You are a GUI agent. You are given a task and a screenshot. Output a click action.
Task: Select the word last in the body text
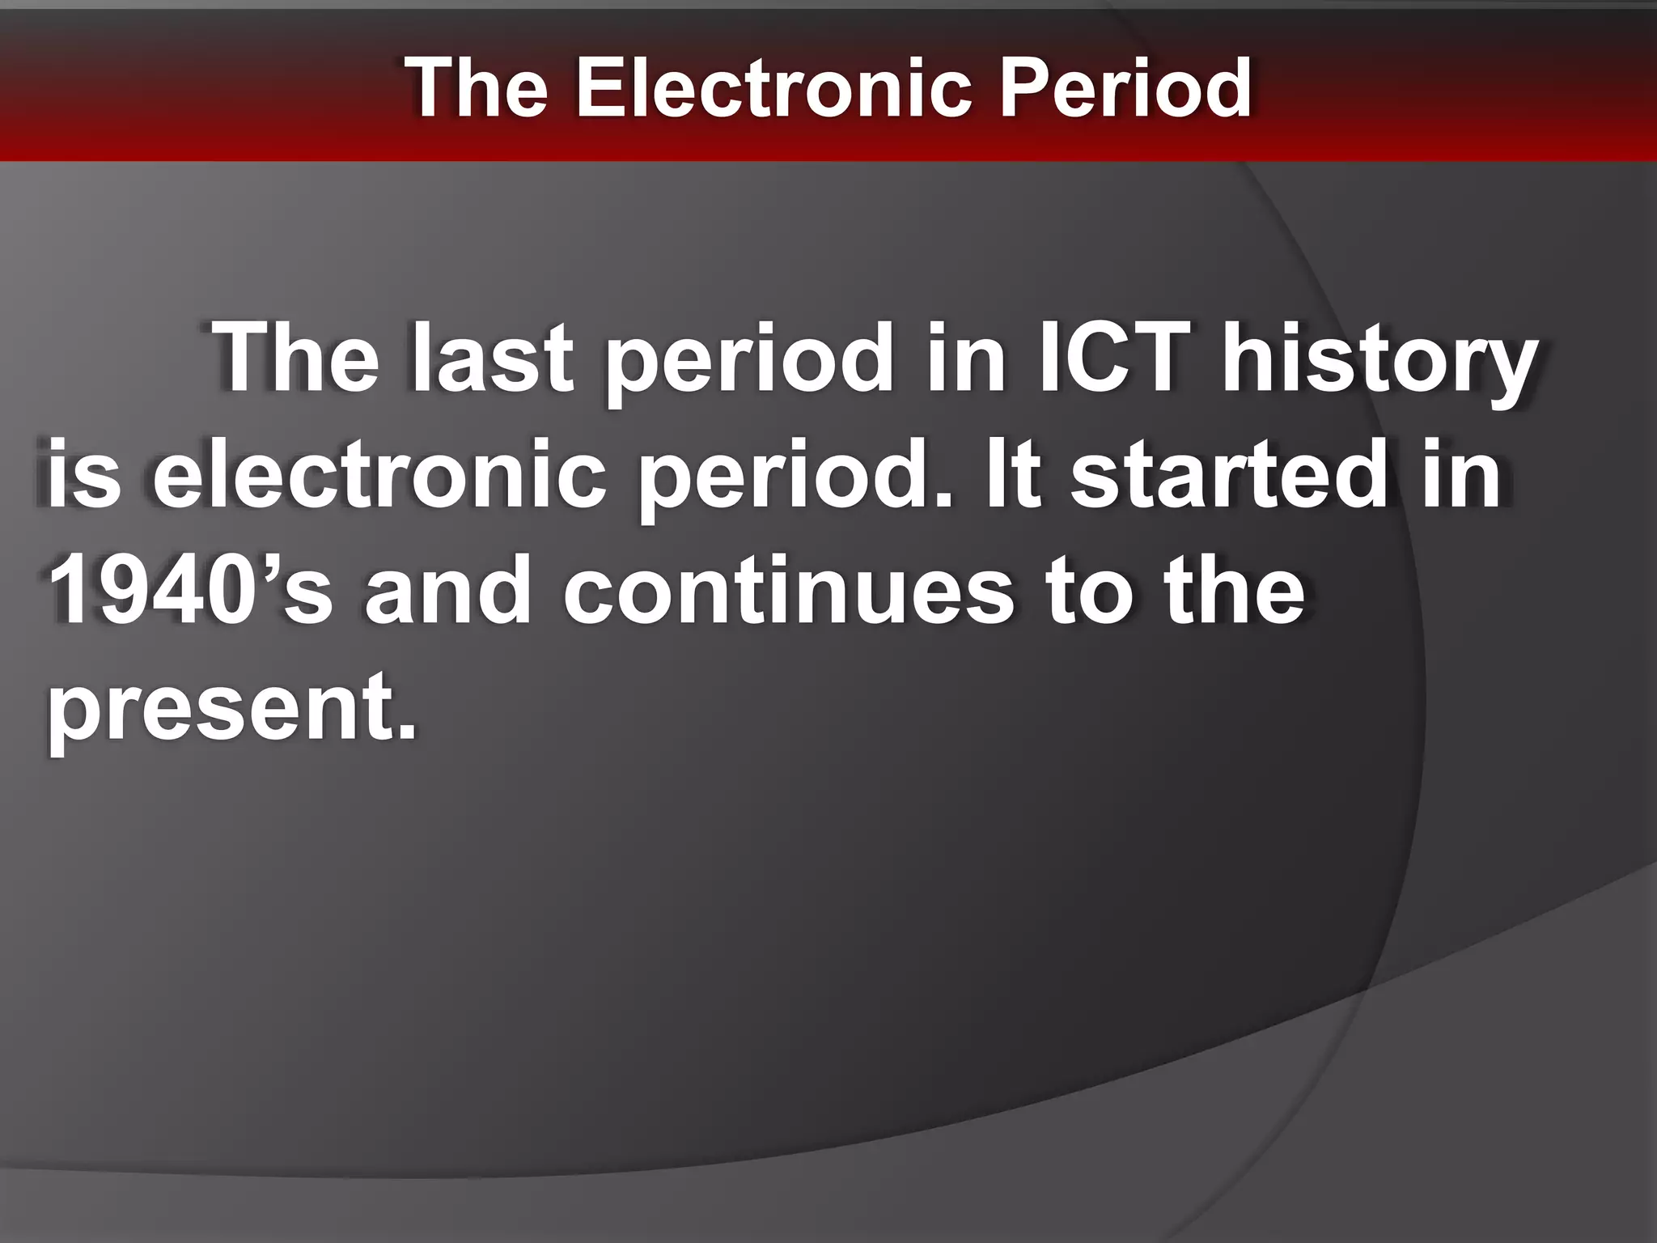pos(493,358)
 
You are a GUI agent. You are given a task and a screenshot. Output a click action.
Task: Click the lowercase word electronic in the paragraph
pos(379,475)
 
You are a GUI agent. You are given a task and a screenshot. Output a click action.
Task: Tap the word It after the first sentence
pos(1011,475)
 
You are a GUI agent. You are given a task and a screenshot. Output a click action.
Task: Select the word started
pos(1231,475)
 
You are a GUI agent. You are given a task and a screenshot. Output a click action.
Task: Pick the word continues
pos(787,591)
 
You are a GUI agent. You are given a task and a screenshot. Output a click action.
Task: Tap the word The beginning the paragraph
pos(296,358)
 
